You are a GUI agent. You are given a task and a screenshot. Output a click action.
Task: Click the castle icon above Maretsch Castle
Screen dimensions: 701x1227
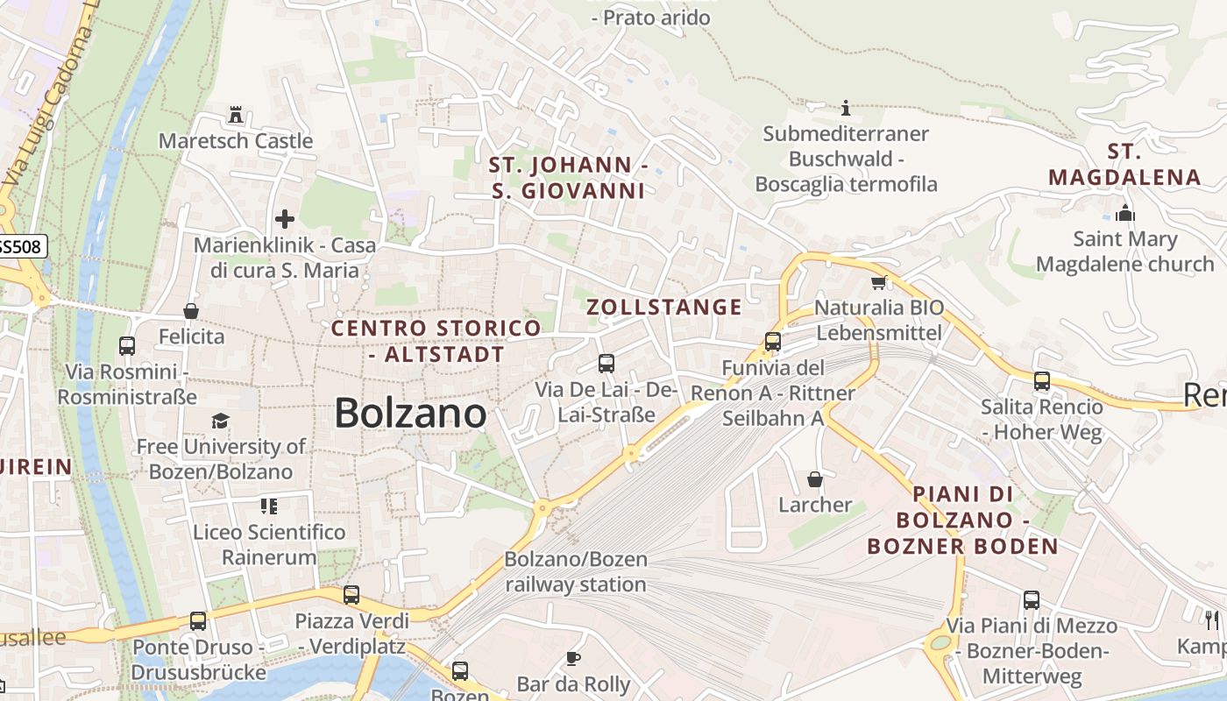tap(235, 115)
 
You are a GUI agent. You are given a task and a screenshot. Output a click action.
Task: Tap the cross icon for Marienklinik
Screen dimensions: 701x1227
tap(285, 218)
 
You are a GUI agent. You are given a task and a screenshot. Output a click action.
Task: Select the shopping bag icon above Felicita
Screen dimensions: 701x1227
tap(191, 311)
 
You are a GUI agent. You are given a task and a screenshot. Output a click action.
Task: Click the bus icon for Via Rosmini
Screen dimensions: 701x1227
tap(127, 346)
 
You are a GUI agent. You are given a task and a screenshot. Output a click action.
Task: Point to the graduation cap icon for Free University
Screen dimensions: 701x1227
tap(220, 421)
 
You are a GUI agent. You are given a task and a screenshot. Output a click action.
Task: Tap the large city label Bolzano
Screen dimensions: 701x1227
tap(410, 413)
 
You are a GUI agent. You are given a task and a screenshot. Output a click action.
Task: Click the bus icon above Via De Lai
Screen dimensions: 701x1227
tap(606, 363)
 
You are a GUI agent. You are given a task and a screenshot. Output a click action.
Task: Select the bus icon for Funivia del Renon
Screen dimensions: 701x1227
tap(772, 342)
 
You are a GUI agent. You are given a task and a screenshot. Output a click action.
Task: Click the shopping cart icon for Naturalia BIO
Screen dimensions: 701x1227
tap(879, 282)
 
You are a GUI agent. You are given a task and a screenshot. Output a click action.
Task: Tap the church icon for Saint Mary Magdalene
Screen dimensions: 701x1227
tap(1125, 213)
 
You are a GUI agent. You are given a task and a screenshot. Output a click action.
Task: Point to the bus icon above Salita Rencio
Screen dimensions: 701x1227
tap(1041, 381)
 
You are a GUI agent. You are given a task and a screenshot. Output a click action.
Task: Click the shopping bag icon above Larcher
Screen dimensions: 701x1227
tap(815, 479)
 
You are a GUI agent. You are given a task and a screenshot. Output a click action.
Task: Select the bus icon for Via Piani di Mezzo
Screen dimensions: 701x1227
tap(1032, 600)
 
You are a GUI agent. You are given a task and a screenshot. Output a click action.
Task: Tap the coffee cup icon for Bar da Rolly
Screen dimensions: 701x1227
tap(573, 658)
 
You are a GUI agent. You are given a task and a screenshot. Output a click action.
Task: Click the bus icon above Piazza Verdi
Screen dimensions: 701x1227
tap(351, 595)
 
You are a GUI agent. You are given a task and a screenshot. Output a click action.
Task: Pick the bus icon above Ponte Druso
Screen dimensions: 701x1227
tap(198, 621)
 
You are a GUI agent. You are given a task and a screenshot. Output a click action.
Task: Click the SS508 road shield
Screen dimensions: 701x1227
tap(19, 246)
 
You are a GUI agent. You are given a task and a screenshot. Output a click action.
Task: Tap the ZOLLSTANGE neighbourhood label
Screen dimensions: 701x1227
tap(663, 307)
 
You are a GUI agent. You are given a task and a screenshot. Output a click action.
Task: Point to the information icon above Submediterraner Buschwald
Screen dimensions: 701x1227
tap(846, 108)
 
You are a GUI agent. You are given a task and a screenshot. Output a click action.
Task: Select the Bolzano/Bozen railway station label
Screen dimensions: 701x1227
tap(575, 571)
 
